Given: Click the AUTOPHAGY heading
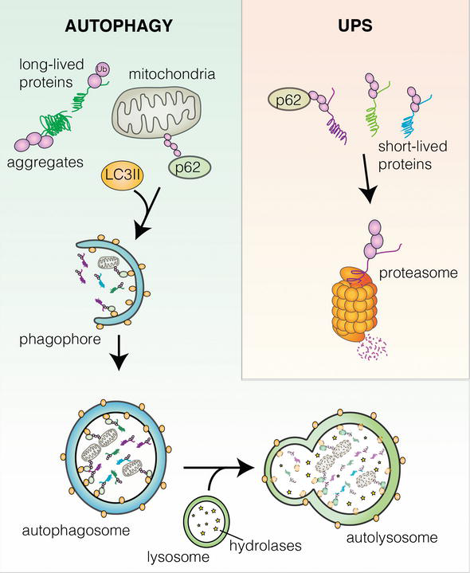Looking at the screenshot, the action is click(119, 26).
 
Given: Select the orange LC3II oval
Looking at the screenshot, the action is click(123, 176).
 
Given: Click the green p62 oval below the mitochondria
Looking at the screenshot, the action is click(190, 167).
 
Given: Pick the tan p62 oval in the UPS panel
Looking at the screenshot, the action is click(289, 100).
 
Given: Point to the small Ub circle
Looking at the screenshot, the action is click(103, 70).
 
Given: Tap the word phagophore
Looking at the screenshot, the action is click(60, 339).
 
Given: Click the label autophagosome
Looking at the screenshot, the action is click(76, 530).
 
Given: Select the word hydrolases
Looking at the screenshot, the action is click(265, 545).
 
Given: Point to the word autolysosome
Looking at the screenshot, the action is click(392, 538).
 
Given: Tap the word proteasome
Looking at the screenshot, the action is click(418, 273).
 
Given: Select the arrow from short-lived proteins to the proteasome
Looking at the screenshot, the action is click(366, 179).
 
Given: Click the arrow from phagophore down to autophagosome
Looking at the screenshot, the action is click(119, 352).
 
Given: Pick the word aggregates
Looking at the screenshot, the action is click(45, 163).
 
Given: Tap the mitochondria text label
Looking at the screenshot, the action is click(172, 74).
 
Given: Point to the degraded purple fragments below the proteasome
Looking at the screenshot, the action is click(371, 347).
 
